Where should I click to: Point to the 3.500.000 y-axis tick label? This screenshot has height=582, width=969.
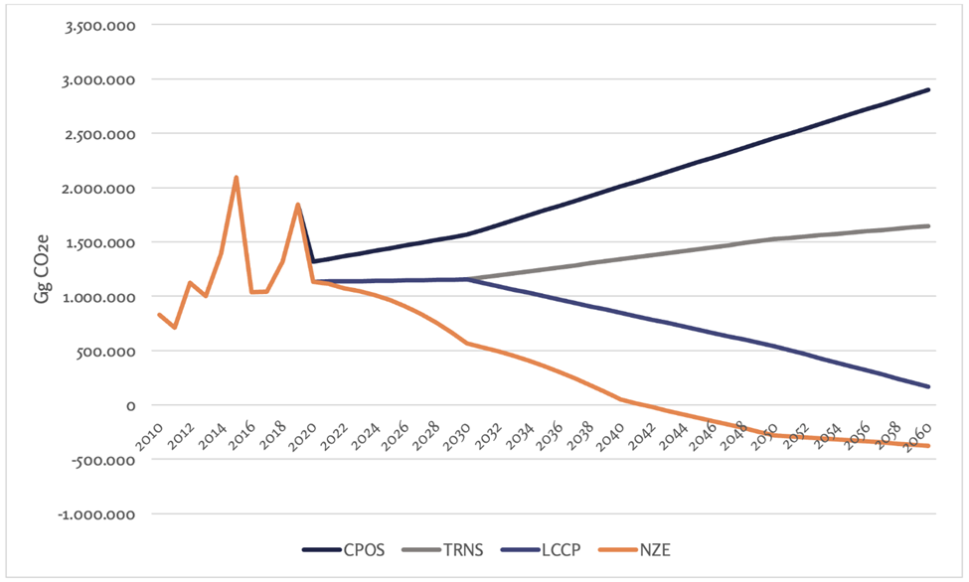100,25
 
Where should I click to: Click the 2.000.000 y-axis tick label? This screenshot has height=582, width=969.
100,188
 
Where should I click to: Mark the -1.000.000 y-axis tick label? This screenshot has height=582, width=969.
98,514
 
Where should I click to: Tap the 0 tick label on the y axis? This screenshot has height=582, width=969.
130,405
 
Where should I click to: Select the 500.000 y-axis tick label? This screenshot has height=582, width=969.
107,351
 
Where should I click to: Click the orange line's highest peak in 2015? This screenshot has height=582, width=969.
236,177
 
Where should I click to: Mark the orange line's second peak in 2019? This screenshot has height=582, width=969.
297,205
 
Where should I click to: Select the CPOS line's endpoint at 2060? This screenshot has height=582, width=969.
928,89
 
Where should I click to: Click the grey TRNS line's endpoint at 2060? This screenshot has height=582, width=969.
928,225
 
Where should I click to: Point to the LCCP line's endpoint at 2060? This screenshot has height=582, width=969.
928,386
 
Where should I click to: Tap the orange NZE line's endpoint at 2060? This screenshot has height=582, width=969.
928,446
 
